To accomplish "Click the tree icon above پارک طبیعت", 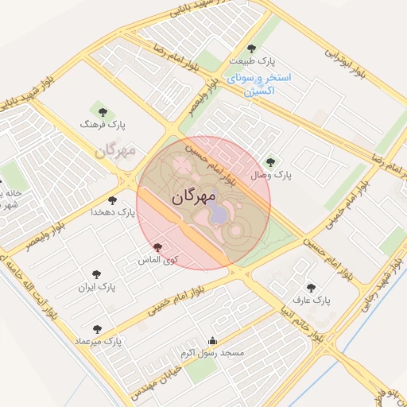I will click(x=253, y=49).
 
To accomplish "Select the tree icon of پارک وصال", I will click(x=270, y=162).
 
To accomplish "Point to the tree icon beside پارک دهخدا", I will click(x=111, y=200).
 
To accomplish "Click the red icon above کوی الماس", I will click(x=157, y=248).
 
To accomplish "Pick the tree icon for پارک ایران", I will click(x=98, y=273).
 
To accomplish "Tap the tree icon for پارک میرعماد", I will click(x=97, y=329).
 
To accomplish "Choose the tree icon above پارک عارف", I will click(x=310, y=288).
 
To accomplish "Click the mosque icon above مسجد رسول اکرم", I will click(x=211, y=339).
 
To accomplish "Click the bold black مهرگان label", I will click(x=193, y=198).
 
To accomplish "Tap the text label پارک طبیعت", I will click(x=253, y=61).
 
